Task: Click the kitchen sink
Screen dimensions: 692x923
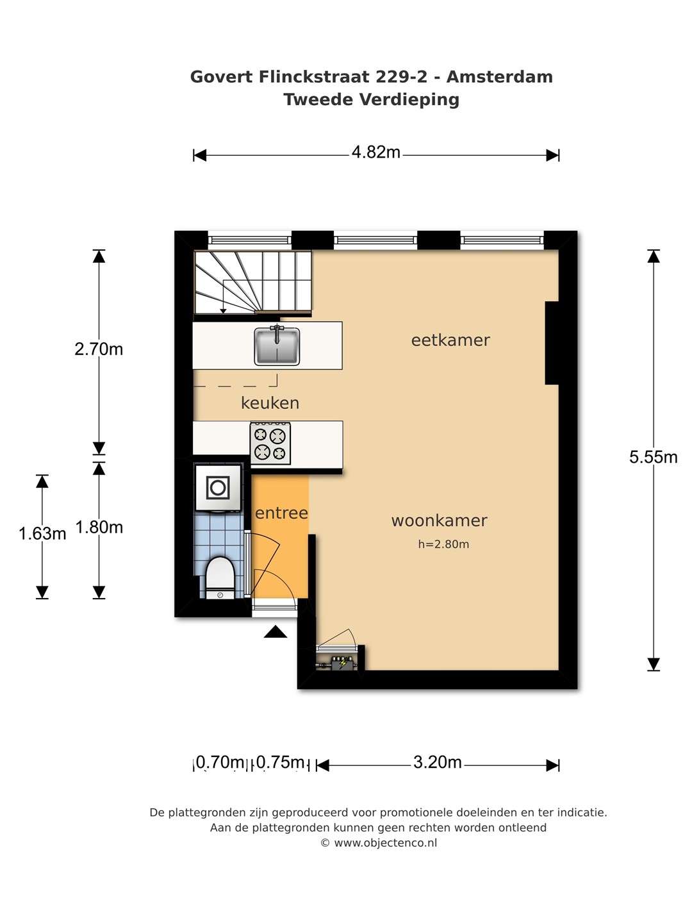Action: (276, 346)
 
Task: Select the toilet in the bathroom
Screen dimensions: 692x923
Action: (220, 578)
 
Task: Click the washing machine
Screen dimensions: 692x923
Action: (218, 488)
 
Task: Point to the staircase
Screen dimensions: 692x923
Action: (252, 282)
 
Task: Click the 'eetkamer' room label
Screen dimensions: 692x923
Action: (450, 340)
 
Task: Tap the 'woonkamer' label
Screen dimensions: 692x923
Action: (439, 520)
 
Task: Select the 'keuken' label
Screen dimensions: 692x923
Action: (270, 403)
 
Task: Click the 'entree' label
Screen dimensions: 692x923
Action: (281, 513)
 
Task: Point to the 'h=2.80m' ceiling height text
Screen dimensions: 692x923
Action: (443, 544)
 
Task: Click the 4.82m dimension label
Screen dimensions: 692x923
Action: (375, 152)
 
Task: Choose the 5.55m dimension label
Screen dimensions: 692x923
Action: (653, 457)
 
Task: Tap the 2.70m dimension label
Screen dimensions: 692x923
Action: (99, 349)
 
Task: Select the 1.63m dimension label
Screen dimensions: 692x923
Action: (42, 534)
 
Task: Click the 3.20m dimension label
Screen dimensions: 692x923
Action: (438, 762)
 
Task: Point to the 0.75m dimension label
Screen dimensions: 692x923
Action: (280, 762)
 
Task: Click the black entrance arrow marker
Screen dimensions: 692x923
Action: (276, 631)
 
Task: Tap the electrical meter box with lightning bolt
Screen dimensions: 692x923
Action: (343, 663)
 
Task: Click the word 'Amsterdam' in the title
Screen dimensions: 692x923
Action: (500, 77)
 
